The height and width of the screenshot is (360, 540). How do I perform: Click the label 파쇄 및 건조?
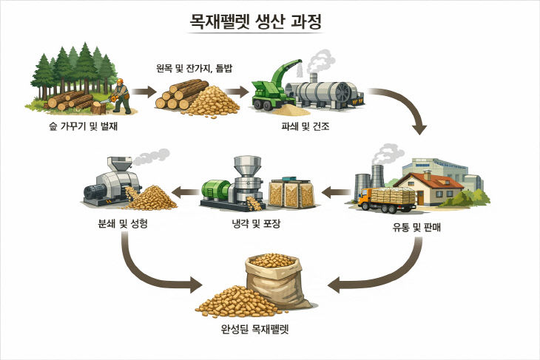(x=305, y=126)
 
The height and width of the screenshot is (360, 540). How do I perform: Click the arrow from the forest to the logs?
(x=145, y=92)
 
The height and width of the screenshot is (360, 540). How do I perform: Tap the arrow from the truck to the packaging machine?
(x=340, y=194)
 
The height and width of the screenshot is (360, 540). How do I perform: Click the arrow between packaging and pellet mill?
(x=185, y=194)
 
